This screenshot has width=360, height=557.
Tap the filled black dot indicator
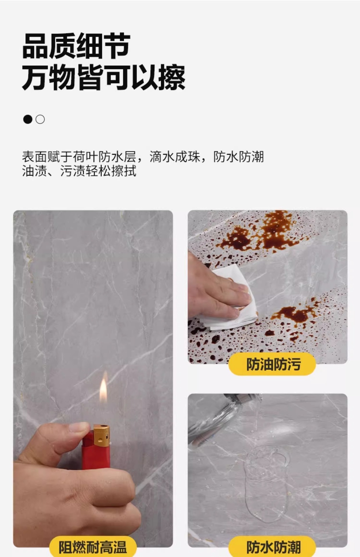click(x=28, y=119)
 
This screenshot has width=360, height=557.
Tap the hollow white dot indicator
click(x=40, y=119)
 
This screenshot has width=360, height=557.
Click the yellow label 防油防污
click(x=273, y=364)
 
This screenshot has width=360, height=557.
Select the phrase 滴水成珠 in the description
click(x=175, y=157)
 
